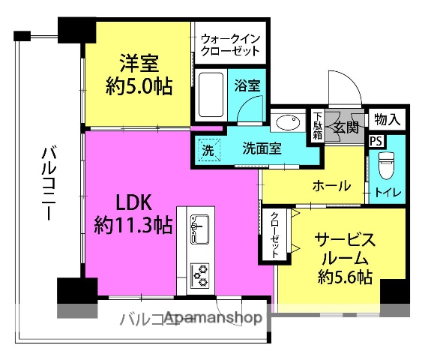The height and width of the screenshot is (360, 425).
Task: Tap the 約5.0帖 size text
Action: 139,86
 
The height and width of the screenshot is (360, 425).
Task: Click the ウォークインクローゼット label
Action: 230,44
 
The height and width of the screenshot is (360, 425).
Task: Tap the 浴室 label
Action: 248,85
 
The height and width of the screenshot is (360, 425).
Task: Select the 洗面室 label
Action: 262,148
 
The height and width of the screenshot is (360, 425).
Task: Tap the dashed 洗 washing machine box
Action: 208,148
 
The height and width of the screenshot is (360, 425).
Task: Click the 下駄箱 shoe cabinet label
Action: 318,126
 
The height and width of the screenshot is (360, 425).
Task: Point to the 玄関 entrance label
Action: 345,126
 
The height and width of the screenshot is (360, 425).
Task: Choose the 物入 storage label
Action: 387,118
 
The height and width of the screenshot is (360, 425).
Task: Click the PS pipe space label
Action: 375,140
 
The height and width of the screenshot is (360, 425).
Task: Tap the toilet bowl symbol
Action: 387,163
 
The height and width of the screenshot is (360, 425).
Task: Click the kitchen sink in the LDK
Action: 199,229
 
